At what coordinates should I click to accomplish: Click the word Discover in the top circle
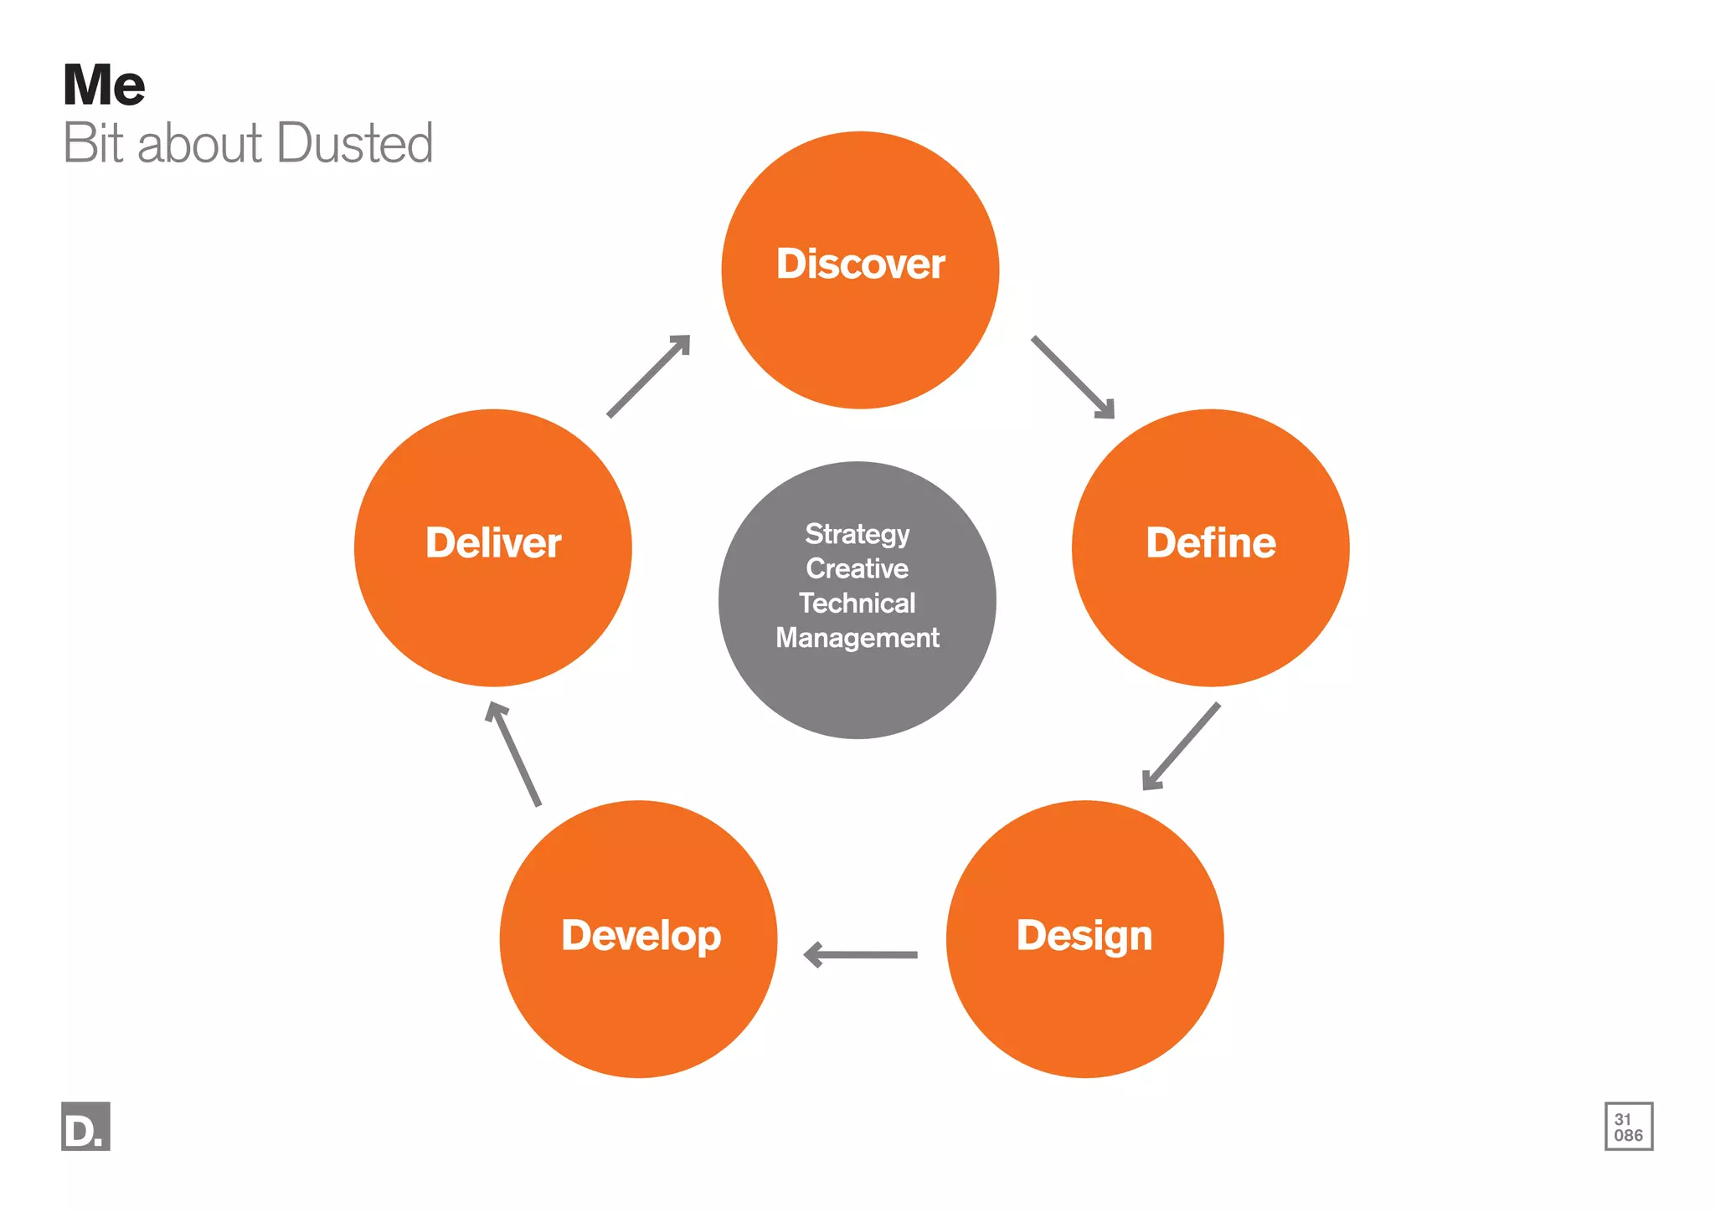tap(860, 264)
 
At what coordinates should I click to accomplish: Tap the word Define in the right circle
tap(1210, 542)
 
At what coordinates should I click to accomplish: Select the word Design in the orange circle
tap(1084, 935)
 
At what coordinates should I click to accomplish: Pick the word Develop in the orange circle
tap(641, 935)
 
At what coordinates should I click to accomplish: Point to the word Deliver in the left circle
tap(493, 542)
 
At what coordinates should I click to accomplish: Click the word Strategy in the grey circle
tap(857, 533)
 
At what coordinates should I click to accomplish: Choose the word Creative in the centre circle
tap(857, 568)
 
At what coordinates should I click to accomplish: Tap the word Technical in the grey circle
tap(857, 603)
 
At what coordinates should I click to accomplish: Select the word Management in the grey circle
tap(857, 638)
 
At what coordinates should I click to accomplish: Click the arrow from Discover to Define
tap(1073, 377)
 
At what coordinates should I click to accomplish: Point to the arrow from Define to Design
tap(1181, 746)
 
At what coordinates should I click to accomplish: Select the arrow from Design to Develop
tap(860, 954)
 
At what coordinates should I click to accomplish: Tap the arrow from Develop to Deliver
tap(514, 753)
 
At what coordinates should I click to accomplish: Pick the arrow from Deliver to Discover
tap(649, 375)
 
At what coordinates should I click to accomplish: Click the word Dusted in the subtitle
tap(354, 143)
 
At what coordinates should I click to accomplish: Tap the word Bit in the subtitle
tap(94, 143)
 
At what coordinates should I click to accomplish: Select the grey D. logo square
tap(85, 1126)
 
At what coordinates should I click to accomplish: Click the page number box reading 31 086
tap(1628, 1127)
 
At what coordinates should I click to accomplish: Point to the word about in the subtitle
tap(199, 143)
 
